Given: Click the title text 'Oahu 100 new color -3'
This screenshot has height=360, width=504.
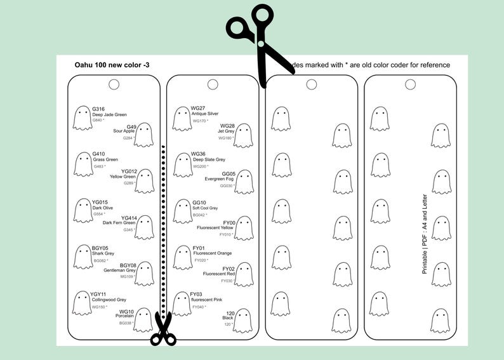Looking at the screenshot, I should [x=112, y=65].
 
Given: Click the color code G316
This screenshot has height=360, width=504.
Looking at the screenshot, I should [x=98, y=109].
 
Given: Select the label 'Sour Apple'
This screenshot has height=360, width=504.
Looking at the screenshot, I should [x=124, y=131].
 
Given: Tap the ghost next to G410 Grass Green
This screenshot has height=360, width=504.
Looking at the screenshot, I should [x=83, y=164].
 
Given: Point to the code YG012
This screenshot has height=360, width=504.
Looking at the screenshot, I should [x=128, y=171].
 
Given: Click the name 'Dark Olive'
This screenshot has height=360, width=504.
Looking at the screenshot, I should [x=102, y=208].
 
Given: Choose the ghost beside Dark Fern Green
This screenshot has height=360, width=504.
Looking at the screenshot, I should [x=144, y=227].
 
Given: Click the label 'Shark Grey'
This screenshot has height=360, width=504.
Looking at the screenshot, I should [x=103, y=253].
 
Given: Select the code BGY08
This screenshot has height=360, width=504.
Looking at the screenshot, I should [x=128, y=265].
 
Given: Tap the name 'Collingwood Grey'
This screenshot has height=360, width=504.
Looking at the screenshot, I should [x=109, y=300].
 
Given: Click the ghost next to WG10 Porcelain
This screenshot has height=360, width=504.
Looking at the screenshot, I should [x=143, y=320].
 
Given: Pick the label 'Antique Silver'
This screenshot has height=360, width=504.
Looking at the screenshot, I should [x=204, y=114].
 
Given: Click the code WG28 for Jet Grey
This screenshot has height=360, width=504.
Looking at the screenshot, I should [x=227, y=126].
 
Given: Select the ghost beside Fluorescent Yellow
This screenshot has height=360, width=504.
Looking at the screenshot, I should [x=243, y=228].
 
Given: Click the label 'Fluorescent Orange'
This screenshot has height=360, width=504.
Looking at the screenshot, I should [x=212, y=253].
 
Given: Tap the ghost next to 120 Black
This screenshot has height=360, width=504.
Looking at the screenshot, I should [x=242, y=320].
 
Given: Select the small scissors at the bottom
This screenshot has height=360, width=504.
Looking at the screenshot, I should [x=163, y=329].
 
